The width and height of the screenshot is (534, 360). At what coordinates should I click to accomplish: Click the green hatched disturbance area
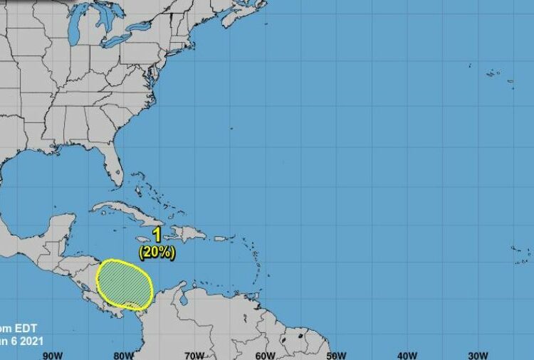coord(125,282)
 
